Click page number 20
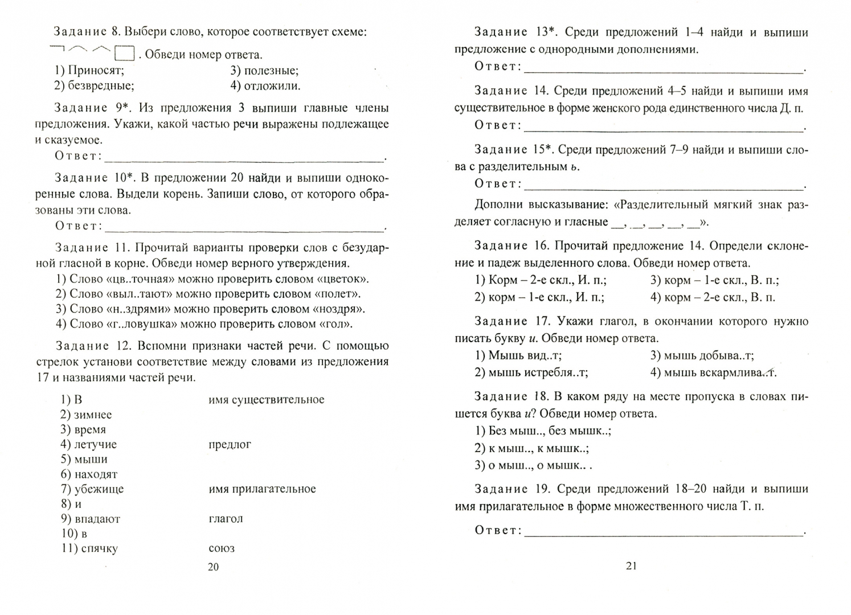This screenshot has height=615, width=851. pyautogui.click(x=213, y=567)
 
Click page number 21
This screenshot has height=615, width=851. pyautogui.click(x=631, y=565)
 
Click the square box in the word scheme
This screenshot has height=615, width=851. pyautogui.click(x=124, y=54)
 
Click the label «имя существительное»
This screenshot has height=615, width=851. pyautogui.click(x=267, y=400)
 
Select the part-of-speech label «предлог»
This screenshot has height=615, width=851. pyautogui.click(x=230, y=444)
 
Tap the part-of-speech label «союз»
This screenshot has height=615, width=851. pyautogui.click(x=222, y=548)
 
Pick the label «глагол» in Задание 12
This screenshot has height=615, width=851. pyautogui.click(x=226, y=519)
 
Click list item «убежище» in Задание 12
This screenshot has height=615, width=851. pyautogui.click(x=92, y=489)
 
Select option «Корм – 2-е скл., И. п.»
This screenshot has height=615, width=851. pyautogui.click(x=541, y=280)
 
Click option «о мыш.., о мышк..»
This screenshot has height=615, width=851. pyautogui.click(x=534, y=465)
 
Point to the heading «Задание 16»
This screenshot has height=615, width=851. pyautogui.click(x=510, y=246)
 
